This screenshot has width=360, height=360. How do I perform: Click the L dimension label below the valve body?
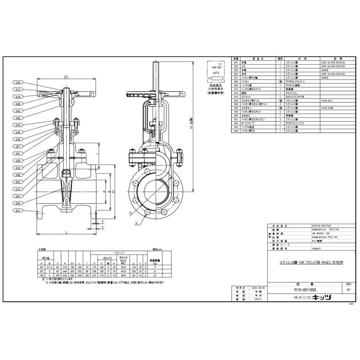(66, 232)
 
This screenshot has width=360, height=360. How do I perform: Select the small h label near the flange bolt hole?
(136, 222)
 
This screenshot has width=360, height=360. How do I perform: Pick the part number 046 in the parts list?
(236, 131)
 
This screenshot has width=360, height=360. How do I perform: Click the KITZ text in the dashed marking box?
(215, 74)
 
